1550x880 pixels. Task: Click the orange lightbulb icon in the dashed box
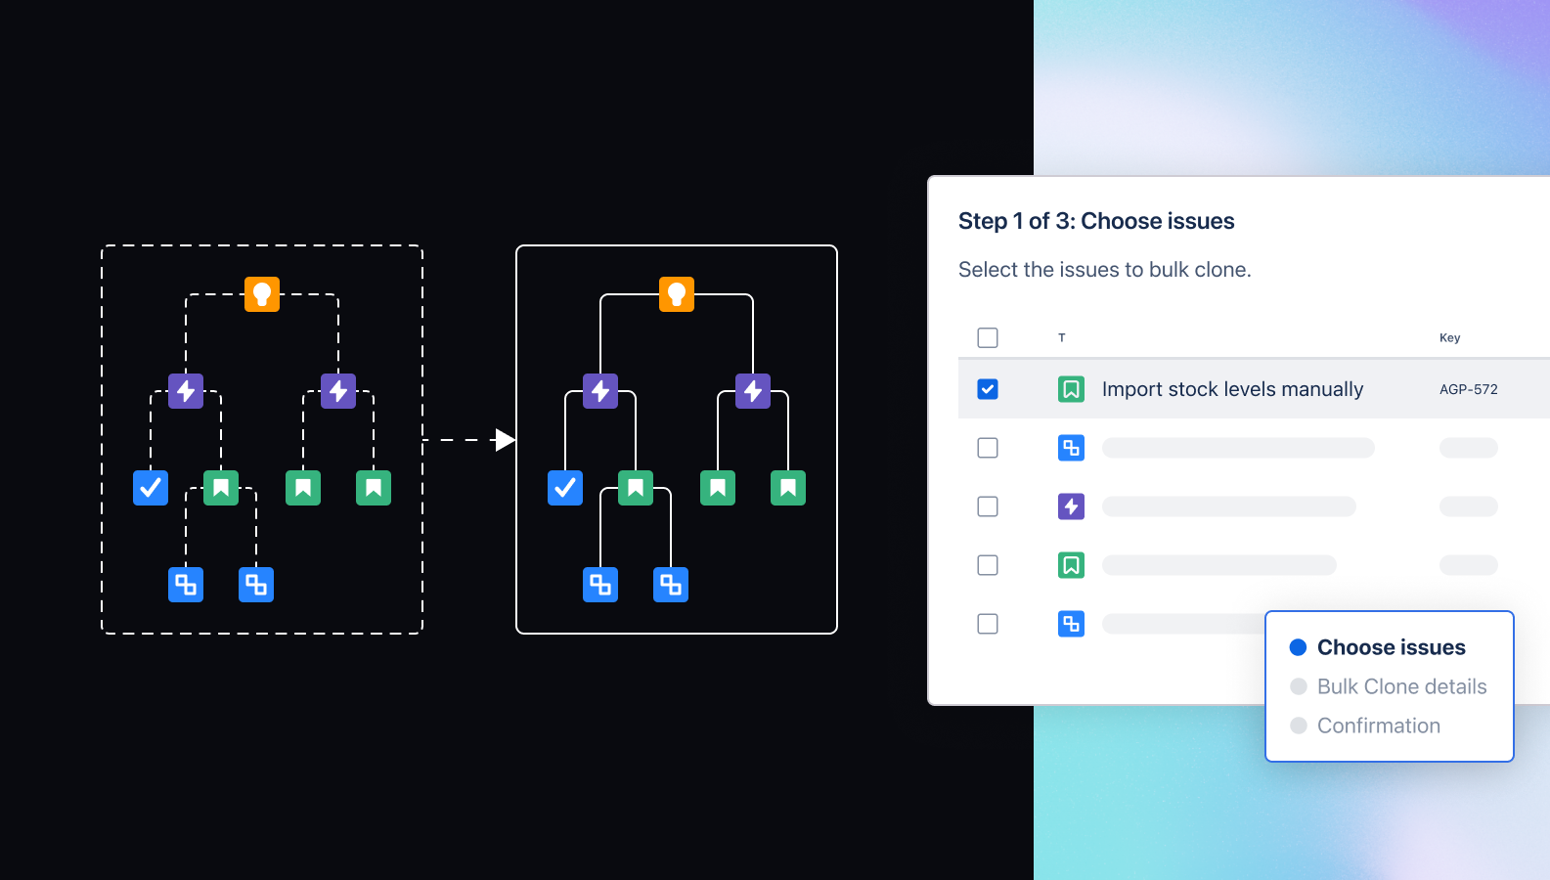click(262, 293)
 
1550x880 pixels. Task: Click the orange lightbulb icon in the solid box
click(677, 293)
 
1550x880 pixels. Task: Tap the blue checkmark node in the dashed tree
click(151, 487)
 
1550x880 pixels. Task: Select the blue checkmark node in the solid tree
click(565, 487)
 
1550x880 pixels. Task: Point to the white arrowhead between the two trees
click(504, 440)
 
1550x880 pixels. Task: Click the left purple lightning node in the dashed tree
click(186, 391)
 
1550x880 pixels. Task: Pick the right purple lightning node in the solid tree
click(753, 391)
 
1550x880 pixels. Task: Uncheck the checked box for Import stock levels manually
click(988, 389)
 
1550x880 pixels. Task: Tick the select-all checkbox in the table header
click(988, 337)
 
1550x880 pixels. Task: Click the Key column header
click(1449, 337)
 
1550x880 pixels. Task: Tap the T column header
click(1062, 337)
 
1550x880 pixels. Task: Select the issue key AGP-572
click(1468, 389)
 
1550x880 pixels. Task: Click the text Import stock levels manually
click(1232, 389)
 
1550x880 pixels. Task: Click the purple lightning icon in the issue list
click(1071, 506)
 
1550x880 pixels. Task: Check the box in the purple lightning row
click(988, 506)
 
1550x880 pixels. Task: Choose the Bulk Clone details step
click(1401, 686)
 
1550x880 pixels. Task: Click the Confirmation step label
click(1378, 726)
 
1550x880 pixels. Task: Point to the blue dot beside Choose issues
click(1299, 647)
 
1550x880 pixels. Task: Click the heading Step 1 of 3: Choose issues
click(1096, 221)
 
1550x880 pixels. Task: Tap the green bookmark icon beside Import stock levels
click(1071, 389)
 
